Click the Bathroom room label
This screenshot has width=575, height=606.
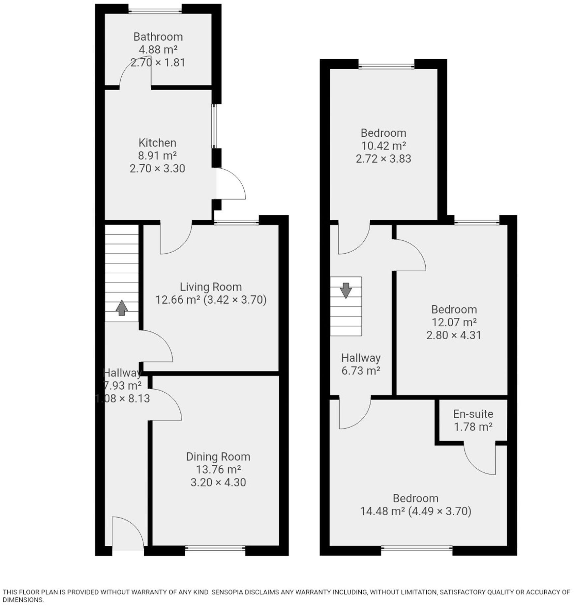158,37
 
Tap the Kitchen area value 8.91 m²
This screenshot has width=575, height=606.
157,155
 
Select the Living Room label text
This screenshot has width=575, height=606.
211,287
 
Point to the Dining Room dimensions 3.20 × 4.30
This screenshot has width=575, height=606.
218,482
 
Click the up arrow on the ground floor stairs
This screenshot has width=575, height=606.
122,308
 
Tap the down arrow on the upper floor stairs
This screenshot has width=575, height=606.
346,290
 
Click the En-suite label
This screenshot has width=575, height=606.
473,414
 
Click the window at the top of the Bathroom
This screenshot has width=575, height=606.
155,11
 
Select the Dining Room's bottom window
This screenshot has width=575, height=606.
215,548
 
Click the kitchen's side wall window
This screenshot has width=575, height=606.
215,126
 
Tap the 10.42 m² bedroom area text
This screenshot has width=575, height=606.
383,146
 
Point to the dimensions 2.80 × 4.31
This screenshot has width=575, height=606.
454,335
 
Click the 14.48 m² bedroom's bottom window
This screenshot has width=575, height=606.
417,548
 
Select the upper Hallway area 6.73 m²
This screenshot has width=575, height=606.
361,371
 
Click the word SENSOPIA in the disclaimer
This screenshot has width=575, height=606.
227,592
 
